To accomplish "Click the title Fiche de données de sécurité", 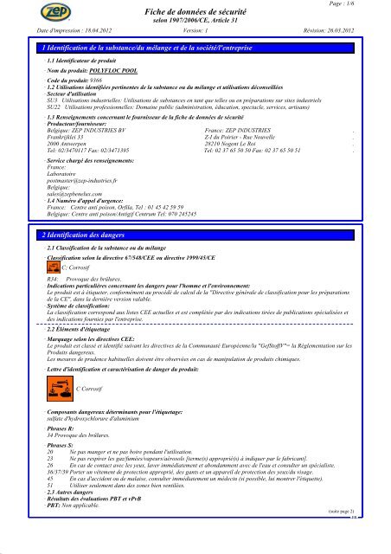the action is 195,10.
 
